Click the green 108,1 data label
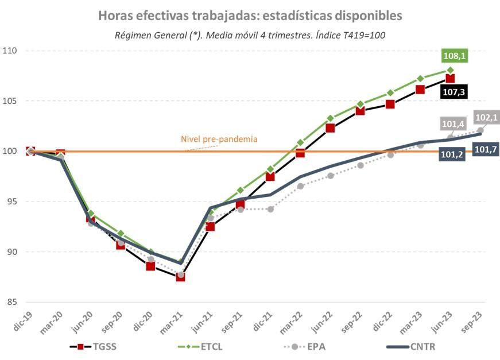point(454,56)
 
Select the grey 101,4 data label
point(454,123)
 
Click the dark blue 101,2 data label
point(452,155)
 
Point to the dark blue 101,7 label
point(486,149)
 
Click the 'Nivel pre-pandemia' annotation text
point(219,139)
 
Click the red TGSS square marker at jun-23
point(450,79)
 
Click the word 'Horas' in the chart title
point(114,16)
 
